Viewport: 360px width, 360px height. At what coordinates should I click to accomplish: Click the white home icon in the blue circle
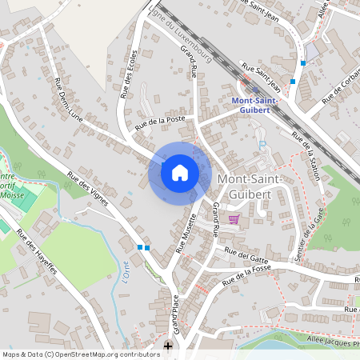180,173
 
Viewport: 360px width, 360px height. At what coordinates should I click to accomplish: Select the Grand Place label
175,314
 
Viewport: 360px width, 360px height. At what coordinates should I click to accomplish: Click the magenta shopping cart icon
234,218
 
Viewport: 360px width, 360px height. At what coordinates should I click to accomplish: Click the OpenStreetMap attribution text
81,354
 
